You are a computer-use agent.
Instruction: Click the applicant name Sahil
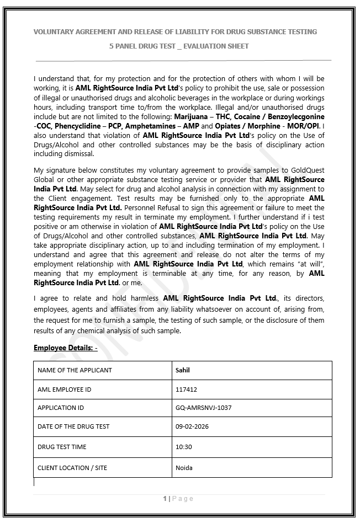182,370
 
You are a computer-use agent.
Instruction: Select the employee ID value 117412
186,389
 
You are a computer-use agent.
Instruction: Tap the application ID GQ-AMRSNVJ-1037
203,408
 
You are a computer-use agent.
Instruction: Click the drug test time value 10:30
184,447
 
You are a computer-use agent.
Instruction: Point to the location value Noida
184,468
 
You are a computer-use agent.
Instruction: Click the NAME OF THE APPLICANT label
75,370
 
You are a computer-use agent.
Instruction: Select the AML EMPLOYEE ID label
64,389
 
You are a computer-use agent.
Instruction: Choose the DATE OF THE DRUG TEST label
73,426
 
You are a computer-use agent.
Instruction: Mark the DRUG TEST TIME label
62,447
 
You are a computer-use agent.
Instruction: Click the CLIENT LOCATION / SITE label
72,468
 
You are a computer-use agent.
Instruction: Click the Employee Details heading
65,348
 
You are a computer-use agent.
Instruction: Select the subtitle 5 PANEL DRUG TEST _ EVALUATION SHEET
179,46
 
